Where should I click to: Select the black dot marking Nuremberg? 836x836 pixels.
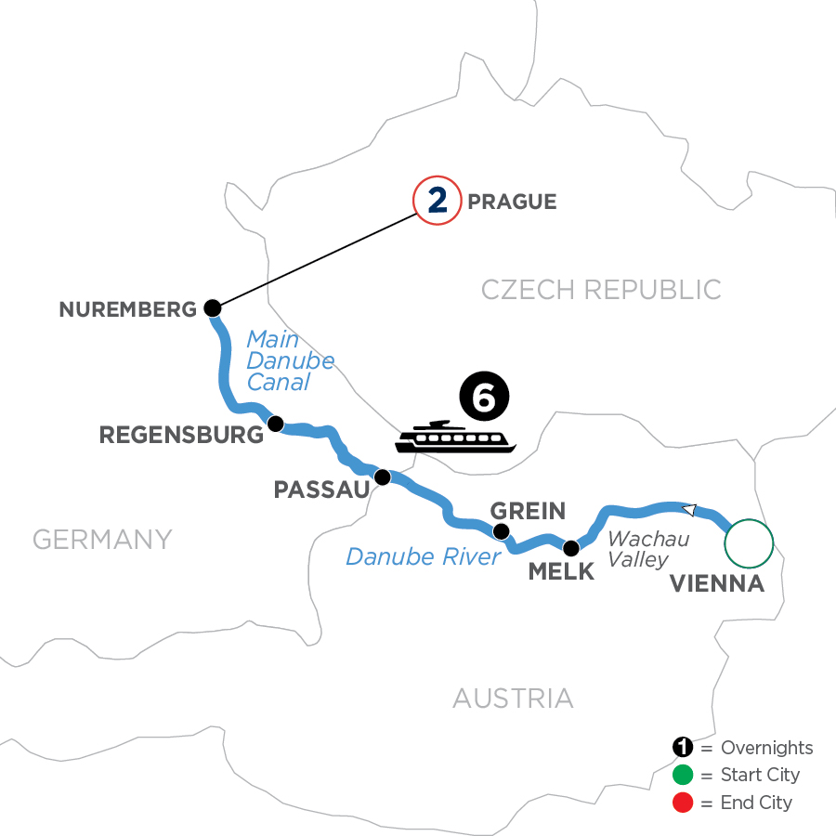coord(213,308)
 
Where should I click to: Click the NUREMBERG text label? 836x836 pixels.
coord(128,309)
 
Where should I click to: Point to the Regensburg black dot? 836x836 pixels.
coord(275,424)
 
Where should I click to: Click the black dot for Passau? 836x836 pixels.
coord(381,477)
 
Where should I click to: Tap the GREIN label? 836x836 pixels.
coord(527,510)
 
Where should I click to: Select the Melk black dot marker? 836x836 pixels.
coord(570,547)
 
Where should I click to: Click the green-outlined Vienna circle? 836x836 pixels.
coord(749,543)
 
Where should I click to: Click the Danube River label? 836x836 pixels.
coord(424,556)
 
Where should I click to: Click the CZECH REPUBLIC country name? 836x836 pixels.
coord(601,289)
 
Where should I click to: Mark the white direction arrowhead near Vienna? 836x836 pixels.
coord(689,509)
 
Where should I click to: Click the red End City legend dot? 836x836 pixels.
coord(683,802)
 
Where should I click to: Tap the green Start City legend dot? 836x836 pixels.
coord(683,775)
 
